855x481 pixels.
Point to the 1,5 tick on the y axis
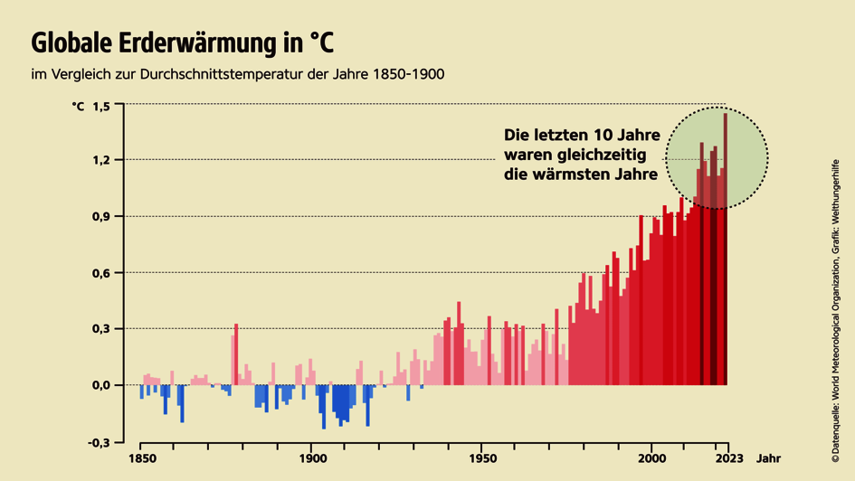(100, 106)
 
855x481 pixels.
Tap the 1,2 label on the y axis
(100, 160)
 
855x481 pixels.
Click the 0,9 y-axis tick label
(100, 216)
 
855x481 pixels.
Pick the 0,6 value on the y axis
(100, 273)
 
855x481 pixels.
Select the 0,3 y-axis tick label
(100, 329)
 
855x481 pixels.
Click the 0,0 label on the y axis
(100, 385)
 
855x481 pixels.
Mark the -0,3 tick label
(99, 442)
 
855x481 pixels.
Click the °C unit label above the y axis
(78, 106)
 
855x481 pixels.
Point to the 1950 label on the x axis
(481, 457)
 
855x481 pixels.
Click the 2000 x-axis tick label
(651, 457)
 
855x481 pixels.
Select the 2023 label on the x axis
(728, 457)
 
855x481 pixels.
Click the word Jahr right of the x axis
(769, 457)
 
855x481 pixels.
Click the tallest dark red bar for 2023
(726, 253)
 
